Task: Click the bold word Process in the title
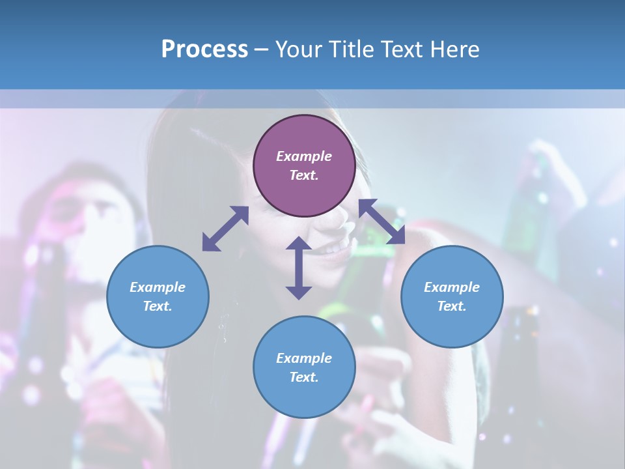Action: (204, 50)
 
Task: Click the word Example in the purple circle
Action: (304, 156)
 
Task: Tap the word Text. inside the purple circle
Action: (304, 175)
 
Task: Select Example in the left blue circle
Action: (158, 287)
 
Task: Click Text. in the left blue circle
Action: (158, 306)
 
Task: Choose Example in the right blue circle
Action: (452, 287)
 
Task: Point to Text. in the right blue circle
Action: (452, 306)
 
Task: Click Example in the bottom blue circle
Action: (304, 358)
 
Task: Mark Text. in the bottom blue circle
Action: (304, 377)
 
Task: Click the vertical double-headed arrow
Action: (299, 268)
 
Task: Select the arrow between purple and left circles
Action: (225, 229)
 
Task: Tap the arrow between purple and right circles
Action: (382, 221)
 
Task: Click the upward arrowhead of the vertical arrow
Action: (299, 242)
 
